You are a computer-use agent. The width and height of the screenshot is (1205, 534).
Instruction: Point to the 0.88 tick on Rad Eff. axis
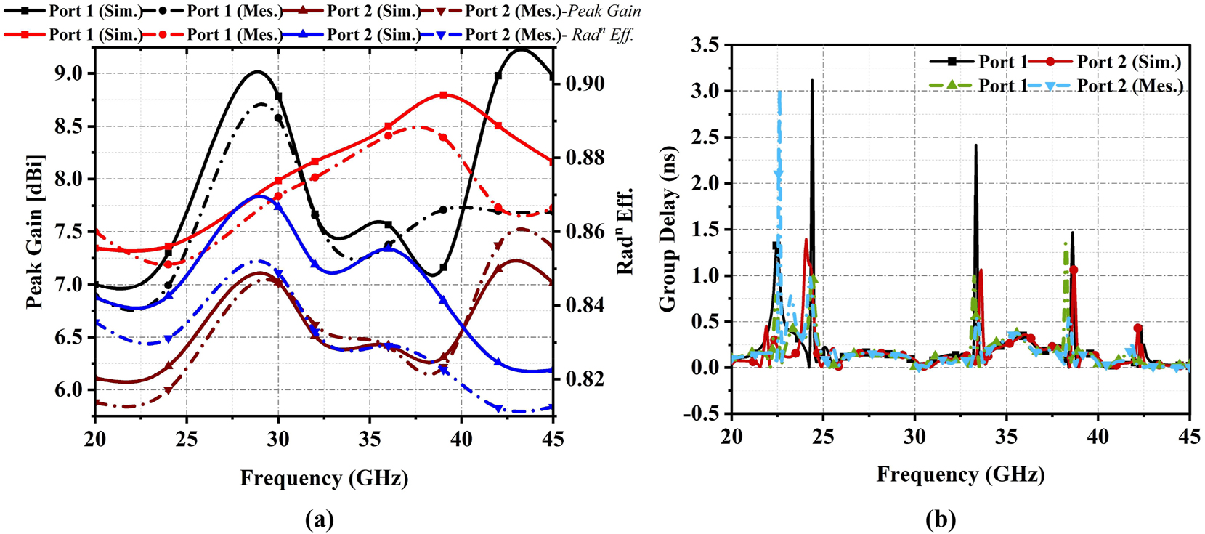point(585,158)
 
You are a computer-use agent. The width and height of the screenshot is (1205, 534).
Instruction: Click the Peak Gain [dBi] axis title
point(34,231)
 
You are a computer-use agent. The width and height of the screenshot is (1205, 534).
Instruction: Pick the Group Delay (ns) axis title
point(668,229)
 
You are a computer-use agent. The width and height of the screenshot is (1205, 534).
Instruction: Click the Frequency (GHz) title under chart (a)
point(324,478)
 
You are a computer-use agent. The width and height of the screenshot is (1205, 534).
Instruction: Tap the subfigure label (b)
point(941,519)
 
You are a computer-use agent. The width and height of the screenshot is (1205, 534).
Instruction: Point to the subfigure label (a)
point(320,519)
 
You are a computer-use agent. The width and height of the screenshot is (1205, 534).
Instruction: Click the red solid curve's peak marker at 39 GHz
point(443,95)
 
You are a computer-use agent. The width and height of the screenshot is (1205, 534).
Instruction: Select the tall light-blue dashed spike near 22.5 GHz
point(779,94)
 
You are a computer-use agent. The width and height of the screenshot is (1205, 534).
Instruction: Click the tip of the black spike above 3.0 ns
point(812,81)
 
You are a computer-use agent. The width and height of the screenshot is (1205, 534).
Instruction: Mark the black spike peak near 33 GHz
point(975,145)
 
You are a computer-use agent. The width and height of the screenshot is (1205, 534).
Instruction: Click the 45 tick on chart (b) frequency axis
point(1189,437)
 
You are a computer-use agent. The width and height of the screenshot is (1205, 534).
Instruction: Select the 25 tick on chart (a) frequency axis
point(187,439)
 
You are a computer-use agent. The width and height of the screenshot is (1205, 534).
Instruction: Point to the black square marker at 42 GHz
point(498,76)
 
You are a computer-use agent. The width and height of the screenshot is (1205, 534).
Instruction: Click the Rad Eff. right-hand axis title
point(625,231)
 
